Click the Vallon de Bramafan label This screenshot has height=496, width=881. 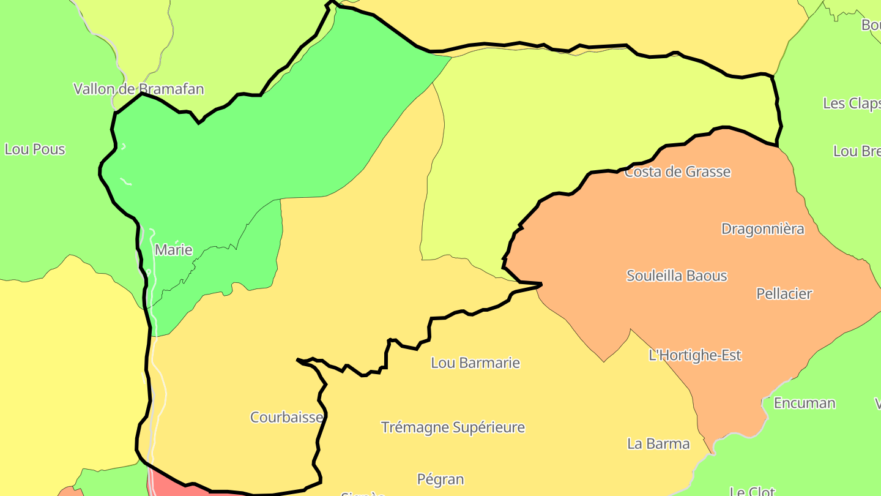pos(138,89)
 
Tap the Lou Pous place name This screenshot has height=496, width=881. pos(35,149)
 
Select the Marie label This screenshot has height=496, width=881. pos(174,250)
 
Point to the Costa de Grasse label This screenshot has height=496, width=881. pos(677,171)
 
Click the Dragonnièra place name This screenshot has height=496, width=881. pos(762,229)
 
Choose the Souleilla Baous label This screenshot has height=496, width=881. pos(677,276)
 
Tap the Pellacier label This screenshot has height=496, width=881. pos(784,293)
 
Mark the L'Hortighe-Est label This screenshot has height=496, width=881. pos(695,355)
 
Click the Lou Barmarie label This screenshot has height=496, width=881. pos(475,363)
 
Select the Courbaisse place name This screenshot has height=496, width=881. pos(286,417)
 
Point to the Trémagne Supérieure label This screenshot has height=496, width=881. pos(453,427)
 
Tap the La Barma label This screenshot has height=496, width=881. pos(658,443)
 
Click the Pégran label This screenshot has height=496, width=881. pos(441,479)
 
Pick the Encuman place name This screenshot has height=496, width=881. pos(805,403)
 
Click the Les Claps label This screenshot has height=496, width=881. pos(851,103)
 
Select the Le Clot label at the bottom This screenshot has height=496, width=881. pos(753,490)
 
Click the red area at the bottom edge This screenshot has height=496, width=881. pos(171,487)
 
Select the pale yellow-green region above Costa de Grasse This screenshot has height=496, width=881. pos(581,110)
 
